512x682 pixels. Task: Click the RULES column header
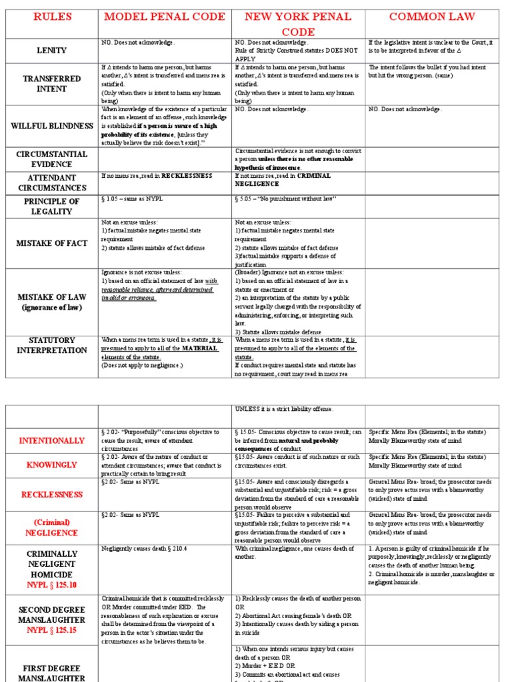point(51,17)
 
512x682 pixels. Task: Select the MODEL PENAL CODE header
point(165,17)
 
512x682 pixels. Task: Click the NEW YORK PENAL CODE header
point(298,24)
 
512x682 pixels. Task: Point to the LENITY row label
point(51,50)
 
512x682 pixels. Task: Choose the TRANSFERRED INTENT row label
point(51,83)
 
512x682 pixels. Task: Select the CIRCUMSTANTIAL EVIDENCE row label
point(51,159)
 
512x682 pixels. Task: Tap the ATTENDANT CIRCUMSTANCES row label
point(51,183)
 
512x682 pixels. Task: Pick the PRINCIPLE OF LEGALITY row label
point(51,206)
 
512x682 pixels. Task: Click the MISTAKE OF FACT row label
point(51,243)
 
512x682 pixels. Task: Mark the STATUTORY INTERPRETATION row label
point(51,345)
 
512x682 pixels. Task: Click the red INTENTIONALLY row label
point(51,441)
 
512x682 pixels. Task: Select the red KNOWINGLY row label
point(51,464)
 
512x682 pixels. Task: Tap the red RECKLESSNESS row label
point(51,495)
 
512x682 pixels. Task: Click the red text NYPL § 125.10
point(51,585)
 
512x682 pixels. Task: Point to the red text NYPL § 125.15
point(51,629)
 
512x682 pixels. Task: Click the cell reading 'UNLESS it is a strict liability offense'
point(283,409)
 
